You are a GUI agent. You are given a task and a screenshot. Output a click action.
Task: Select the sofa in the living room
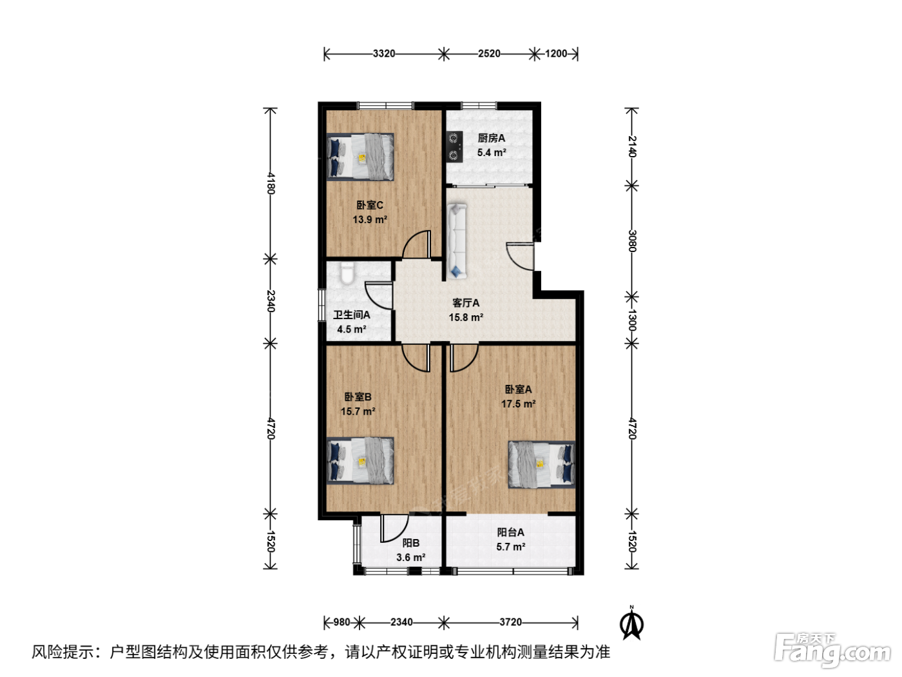coord(457,241)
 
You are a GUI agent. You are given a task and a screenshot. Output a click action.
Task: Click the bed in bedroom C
coord(360,157)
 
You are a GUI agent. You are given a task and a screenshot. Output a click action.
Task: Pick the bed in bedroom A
coord(542,464)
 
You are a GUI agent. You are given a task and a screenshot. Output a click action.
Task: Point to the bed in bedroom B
coord(360,461)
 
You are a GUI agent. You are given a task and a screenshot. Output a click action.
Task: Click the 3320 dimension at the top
coord(384,54)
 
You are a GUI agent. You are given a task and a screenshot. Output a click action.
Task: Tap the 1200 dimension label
coord(556,54)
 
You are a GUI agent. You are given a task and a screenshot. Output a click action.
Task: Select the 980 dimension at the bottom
coord(341,622)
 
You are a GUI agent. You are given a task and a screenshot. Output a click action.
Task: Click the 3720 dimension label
coord(510,622)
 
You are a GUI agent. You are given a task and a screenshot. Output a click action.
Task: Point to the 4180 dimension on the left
coord(271,183)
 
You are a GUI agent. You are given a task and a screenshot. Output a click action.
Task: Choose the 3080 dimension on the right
coord(632,241)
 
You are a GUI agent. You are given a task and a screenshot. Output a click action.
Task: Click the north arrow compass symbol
coord(631,624)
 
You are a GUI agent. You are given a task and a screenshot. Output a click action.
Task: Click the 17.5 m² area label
coord(518,404)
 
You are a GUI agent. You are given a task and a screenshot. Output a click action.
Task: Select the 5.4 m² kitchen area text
coord(492,153)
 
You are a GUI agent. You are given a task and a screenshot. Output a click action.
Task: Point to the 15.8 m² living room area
coord(466,317)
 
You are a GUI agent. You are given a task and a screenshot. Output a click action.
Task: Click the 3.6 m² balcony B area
coord(410,557)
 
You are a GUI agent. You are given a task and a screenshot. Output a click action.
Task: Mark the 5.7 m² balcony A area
coord(510,547)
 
